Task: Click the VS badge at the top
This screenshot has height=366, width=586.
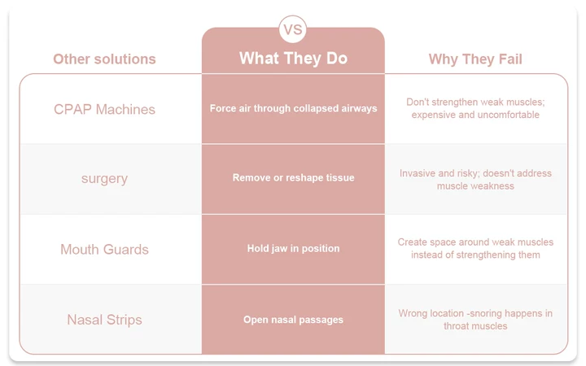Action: click(x=293, y=29)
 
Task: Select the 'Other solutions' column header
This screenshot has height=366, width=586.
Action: click(x=104, y=59)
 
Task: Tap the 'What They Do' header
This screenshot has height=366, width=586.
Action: click(x=293, y=59)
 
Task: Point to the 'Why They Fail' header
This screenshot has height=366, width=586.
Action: click(x=475, y=59)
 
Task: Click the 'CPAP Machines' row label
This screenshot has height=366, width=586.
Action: click(x=104, y=110)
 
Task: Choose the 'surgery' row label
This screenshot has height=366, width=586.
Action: click(x=104, y=178)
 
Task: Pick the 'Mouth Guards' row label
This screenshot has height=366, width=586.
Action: click(x=104, y=249)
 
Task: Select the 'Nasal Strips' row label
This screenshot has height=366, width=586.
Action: click(x=104, y=320)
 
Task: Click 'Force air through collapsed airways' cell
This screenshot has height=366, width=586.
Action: click(x=293, y=108)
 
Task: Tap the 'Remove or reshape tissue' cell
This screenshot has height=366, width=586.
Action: click(x=293, y=177)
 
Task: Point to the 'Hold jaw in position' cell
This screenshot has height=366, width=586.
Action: click(x=293, y=248)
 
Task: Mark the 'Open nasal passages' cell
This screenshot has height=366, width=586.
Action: click(x=293, y=320)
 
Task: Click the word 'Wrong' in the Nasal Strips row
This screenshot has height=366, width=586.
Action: click(x=412, y=313)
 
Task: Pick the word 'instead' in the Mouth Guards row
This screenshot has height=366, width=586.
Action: click(x=426, y=255)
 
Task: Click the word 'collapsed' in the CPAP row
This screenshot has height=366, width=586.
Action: click(x=316, y=109)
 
